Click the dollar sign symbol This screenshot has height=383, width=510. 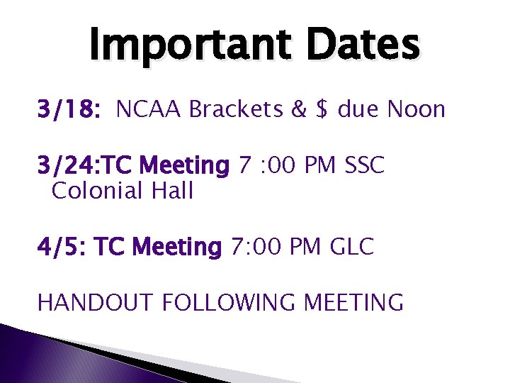[322, 110]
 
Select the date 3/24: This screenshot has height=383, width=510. [70, 167]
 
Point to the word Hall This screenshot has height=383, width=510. [170, 191]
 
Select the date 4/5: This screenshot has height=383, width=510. [62, 247]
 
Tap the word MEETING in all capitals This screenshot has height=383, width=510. [353, 303]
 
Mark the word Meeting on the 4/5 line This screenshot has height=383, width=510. [177, 247]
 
